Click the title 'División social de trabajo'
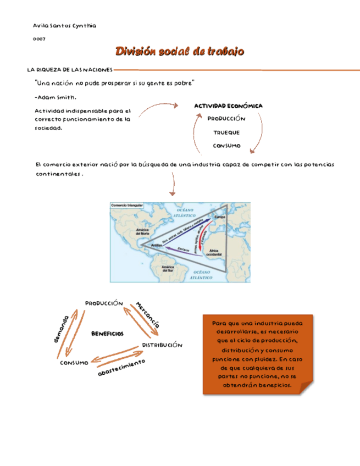pos(180,52)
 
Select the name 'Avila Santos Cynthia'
pos(65,26)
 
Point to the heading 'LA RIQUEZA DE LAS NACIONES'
pos(70,70)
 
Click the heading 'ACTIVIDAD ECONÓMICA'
pos(228,106)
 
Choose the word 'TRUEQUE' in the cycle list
pos(226,132)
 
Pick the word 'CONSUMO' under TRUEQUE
pos(227,146)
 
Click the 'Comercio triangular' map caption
pos(128,206)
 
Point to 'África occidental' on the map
pos(216,252)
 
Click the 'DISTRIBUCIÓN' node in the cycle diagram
pos(162,345)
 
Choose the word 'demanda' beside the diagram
pos(61,329)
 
